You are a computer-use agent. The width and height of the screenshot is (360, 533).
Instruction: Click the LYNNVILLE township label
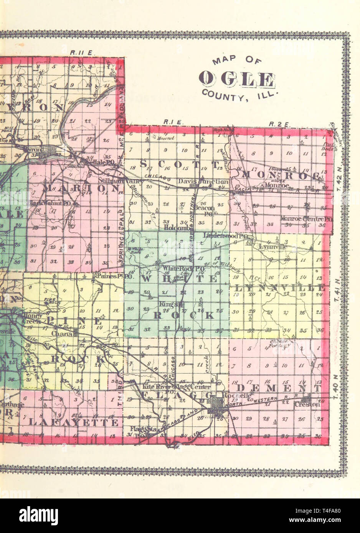tap(279, 288)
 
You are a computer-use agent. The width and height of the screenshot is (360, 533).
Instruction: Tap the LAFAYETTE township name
tap(73, 423)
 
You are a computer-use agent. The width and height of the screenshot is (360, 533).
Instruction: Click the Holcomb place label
tap(175, 227)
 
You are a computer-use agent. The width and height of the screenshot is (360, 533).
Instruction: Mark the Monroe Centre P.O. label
tap(306, 219)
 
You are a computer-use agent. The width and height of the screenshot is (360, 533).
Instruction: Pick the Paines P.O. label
tap(111, 275)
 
